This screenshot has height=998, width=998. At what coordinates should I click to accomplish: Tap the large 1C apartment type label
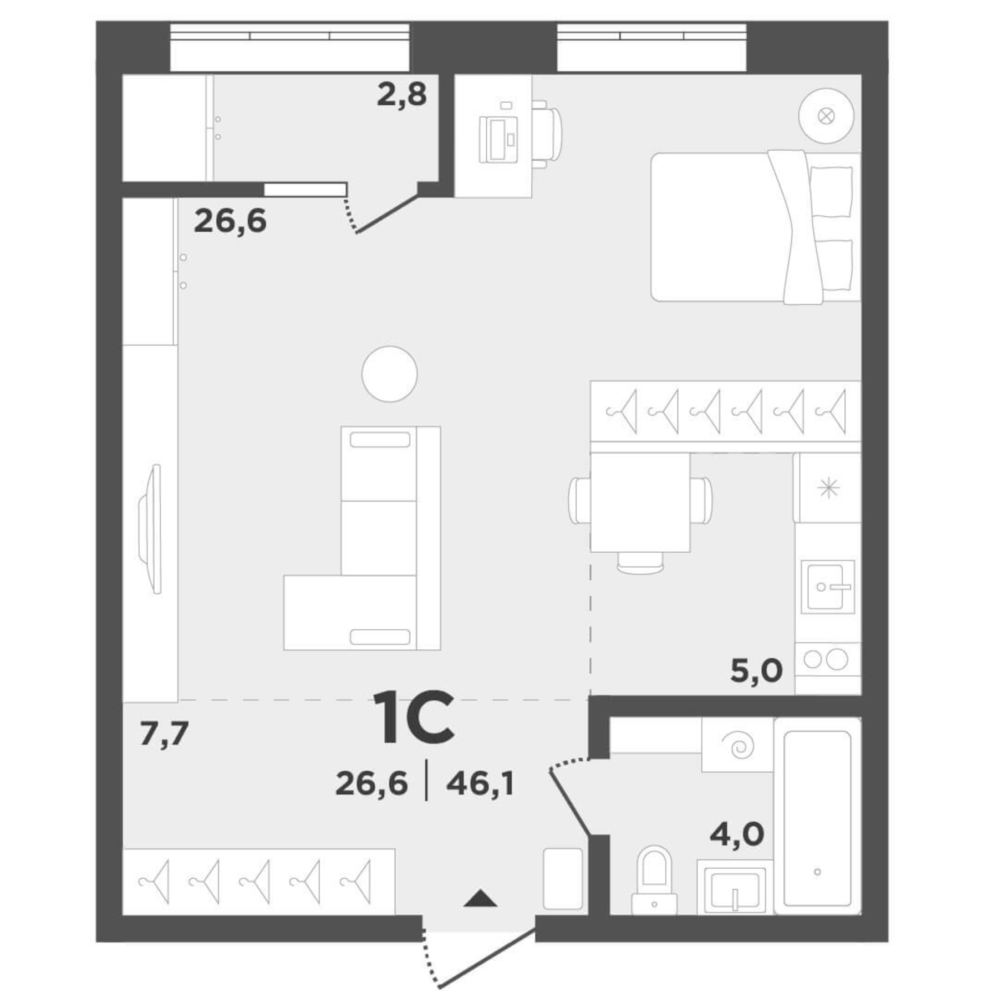(414, 717)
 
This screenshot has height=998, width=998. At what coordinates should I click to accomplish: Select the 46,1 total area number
(480, 784)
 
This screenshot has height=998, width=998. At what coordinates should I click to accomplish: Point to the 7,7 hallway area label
(164, 734)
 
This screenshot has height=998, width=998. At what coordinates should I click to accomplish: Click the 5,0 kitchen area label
(756, 670)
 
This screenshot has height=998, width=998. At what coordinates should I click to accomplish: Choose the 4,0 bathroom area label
(737, 833)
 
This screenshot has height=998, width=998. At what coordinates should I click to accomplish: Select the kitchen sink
(827, 586)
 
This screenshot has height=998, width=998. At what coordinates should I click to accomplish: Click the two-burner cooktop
(826, 659)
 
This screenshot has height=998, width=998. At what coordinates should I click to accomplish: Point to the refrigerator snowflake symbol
(829, 488)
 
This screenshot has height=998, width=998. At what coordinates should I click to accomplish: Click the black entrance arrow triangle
(480, 898)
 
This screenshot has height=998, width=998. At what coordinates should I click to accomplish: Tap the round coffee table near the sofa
(389, 374)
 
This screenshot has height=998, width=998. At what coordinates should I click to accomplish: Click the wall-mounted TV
(151, 529)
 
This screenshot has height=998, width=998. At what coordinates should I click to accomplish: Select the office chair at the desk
(548, 133)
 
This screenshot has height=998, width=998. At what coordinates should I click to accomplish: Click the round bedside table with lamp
(826, 116)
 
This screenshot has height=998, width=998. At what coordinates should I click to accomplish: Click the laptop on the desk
(498, 139)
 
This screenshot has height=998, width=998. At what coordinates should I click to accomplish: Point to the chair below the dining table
(640, 563)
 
